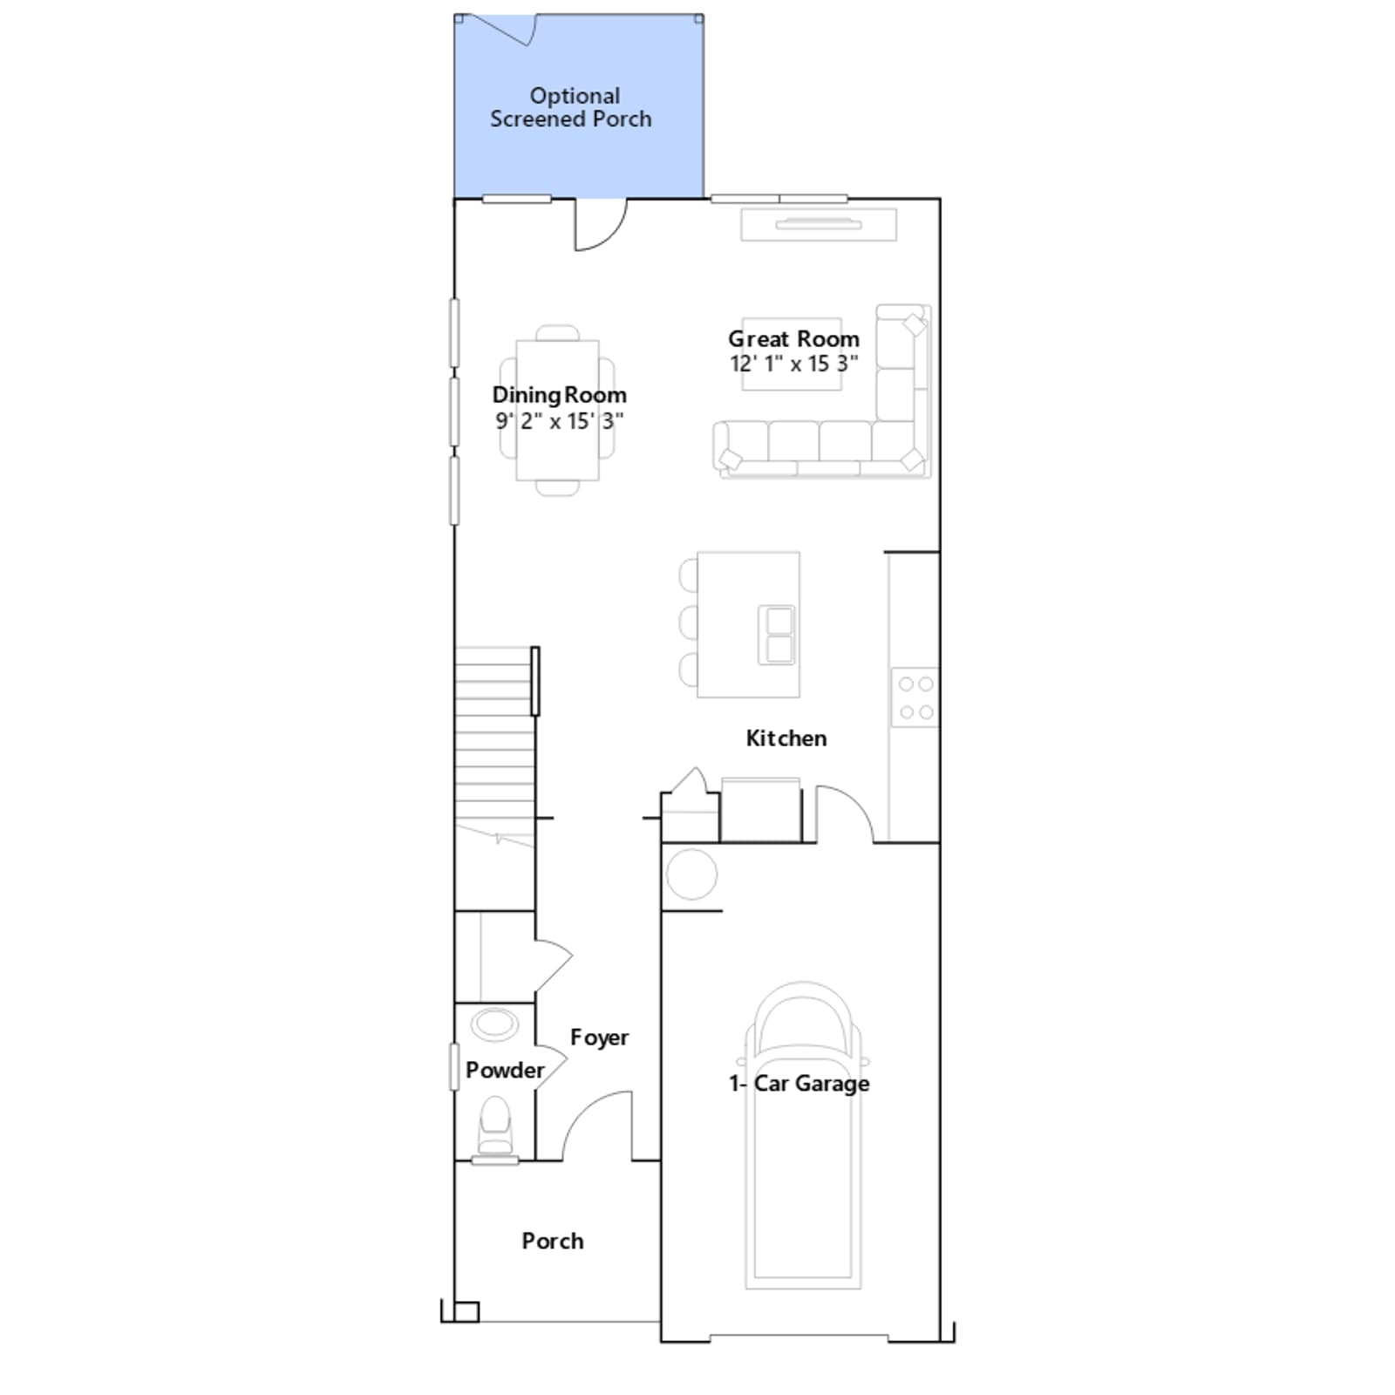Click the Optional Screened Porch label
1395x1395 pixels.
pos(571,107)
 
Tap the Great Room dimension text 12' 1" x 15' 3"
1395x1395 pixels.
pos(793,364)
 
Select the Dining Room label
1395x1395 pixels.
pos(559,396)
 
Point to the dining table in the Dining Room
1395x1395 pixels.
pos(557,410)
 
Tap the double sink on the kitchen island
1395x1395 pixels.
pos(777,635)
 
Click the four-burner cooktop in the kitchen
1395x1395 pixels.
pos(915,697)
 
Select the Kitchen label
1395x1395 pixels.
pos(786,738)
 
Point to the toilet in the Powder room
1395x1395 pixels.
pos(495,1126)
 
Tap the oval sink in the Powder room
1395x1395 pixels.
pos(494,1024)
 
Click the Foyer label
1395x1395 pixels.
pos(599,1038)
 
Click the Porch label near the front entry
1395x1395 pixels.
pos(553,1241)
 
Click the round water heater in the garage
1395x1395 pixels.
pos(691,874)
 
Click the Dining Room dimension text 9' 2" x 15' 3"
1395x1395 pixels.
pos(559,421)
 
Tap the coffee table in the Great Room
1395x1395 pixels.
pos(792,354)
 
